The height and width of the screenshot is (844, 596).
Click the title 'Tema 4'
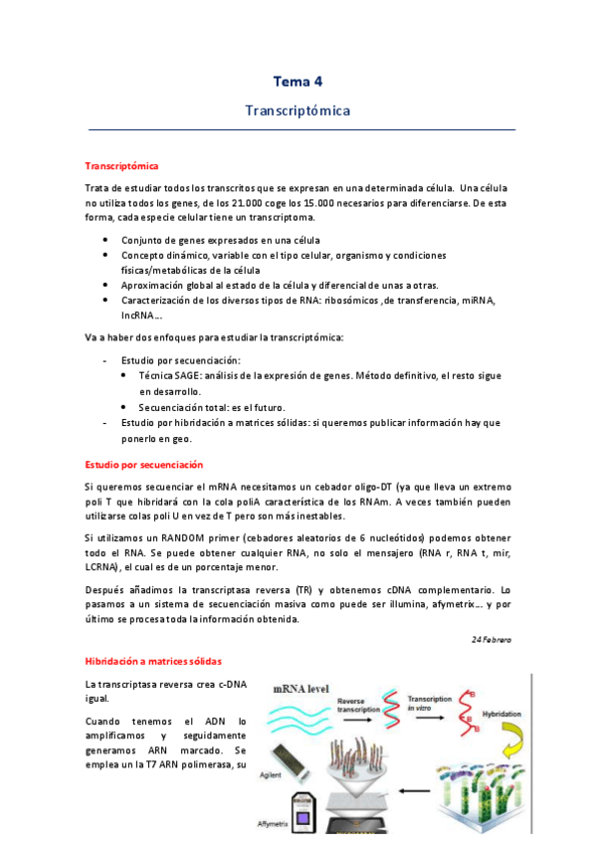click(x=298, y=81)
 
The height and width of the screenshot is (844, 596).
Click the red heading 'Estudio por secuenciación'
click(x=143, y=464)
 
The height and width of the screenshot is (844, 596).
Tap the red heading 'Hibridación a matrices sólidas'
click(x=153, y=662)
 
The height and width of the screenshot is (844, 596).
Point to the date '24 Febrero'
click(x=491, y=640)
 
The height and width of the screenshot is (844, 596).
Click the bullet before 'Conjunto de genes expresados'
click(x=106, y=240)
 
